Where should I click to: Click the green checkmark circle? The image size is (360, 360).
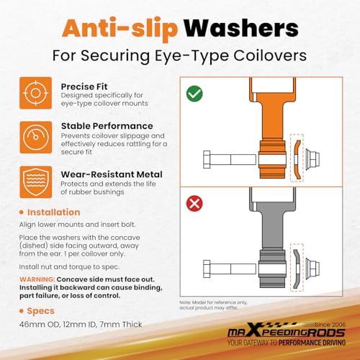click(194, 94)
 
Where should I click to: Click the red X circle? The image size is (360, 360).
click(194, 204)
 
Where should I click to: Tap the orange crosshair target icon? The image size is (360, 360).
click(36, 93)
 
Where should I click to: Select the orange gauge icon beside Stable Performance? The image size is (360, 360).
click(36, 138)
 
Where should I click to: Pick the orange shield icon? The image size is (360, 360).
click(36, 182)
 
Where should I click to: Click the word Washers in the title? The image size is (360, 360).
click(241, 28)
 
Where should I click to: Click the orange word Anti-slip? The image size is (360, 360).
click(120, 29)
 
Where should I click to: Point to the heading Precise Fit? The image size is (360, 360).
click(84, 86)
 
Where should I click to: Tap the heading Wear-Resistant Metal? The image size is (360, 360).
click(112, 174)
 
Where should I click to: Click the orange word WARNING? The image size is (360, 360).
click(37, 279)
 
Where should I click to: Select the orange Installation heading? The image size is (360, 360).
click(53, 212)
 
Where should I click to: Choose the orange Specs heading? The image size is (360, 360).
click(41, 311)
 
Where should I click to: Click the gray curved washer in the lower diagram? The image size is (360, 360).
click(297, 269)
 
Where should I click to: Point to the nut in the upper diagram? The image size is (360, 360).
click(312, 159)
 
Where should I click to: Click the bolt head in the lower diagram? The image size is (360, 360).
click(207, 269)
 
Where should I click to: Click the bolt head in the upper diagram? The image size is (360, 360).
click(207, 159)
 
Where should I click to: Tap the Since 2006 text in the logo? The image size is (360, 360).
click(330, 325)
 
